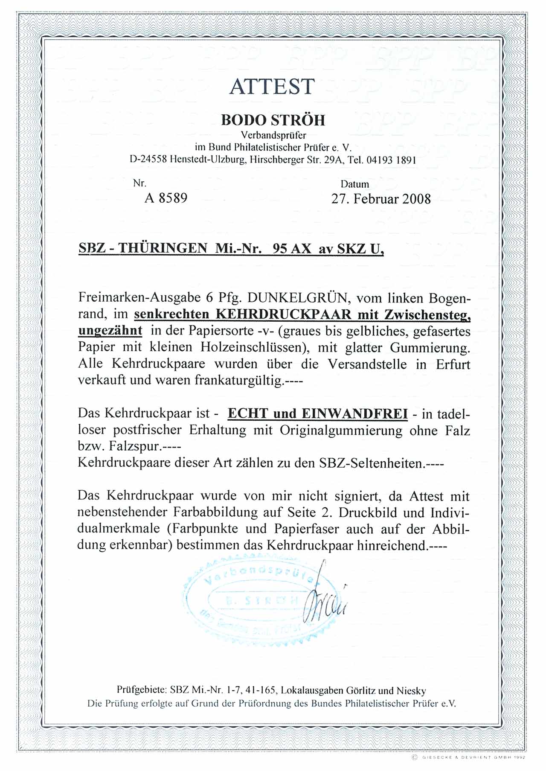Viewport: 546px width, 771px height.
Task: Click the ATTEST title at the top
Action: click(272, 87)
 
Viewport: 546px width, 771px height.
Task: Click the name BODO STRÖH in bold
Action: click(273, 120)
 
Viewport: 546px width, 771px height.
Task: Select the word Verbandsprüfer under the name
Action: click(273, 135)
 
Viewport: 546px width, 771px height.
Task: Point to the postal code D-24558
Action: click(148, 160)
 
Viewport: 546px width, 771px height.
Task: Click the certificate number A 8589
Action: click(166, 198)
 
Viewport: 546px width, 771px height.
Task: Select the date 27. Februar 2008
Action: click(381, 199)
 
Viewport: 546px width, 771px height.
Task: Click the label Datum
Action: click(355, 184)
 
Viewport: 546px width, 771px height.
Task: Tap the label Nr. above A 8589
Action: click(139, 183)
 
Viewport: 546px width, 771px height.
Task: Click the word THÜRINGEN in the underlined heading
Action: click(163, 248)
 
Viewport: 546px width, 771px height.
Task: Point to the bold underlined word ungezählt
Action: click(110, 331)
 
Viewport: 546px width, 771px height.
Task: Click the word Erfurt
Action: click(453, 364)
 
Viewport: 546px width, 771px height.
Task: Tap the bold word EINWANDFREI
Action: click(354, 413)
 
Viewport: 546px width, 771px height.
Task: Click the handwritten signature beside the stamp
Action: click(324, 602)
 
